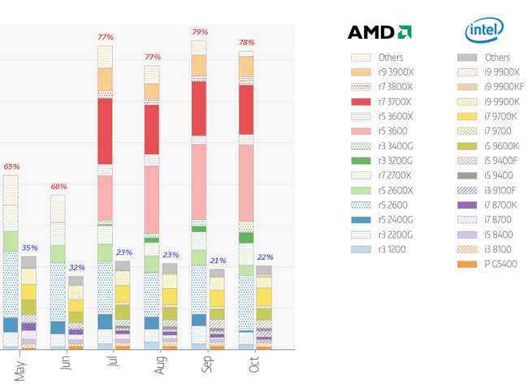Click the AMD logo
379,32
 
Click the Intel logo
483,31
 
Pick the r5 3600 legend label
393,132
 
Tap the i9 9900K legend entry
502,101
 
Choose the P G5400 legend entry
500,264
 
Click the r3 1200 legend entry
392,249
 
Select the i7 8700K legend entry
501,205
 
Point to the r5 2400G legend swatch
361,220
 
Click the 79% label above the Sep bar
199,32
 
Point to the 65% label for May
11,166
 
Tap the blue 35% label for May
29,248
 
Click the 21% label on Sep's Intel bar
217,261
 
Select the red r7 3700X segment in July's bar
105,131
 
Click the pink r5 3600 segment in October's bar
246,183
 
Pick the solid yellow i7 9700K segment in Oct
264,297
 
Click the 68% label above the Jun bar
58,187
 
